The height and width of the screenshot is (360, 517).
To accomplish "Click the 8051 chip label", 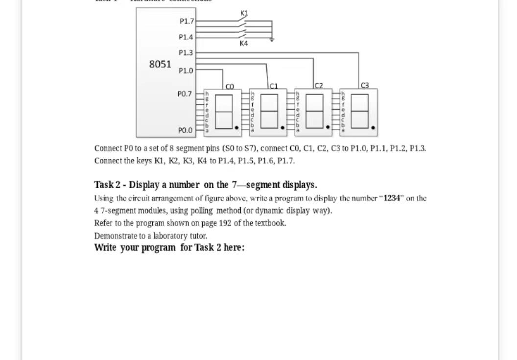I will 160,64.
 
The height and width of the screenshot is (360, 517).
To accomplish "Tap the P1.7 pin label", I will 187,22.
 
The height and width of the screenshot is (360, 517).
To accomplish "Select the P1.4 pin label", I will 186,37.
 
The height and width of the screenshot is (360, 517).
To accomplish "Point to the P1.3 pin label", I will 186,53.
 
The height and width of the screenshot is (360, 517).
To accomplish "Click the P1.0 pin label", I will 186,71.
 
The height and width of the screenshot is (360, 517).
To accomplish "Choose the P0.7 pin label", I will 185,94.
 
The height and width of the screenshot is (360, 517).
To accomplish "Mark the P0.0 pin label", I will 185,130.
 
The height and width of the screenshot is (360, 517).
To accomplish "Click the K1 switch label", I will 244,13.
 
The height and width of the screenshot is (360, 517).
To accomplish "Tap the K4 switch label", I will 244,44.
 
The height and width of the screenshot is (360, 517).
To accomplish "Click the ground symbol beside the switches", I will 272,40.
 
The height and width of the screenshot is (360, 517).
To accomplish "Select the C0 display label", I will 230,86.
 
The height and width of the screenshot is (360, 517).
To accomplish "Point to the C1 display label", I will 274,86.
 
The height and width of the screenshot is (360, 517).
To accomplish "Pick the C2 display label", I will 319,86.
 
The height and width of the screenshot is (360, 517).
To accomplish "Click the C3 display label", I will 365,85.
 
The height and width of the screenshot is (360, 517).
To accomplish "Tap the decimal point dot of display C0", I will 237,128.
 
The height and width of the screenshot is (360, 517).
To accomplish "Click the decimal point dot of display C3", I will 373,128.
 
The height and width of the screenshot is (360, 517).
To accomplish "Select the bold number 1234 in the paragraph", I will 392,198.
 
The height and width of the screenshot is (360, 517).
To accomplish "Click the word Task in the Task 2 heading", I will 104,185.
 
